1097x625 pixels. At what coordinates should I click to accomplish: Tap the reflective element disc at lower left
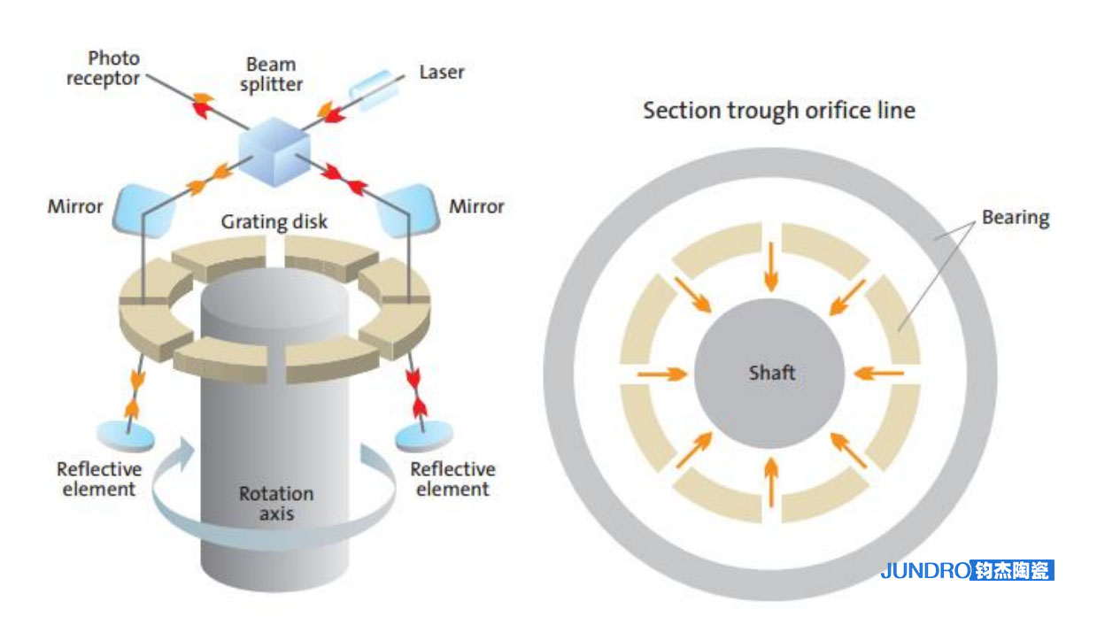(124, 436)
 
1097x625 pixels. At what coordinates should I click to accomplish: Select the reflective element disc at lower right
(422, 436)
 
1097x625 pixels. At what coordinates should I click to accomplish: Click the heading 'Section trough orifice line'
(779, 111)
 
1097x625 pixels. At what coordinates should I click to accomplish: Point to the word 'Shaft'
(771, 373)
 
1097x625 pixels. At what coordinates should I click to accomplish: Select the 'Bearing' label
(1016, 217)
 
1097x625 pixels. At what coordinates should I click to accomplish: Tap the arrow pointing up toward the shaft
(771, 482)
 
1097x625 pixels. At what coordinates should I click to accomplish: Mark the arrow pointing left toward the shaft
(879, 374)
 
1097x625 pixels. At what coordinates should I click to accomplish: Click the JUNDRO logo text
(924, 571)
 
